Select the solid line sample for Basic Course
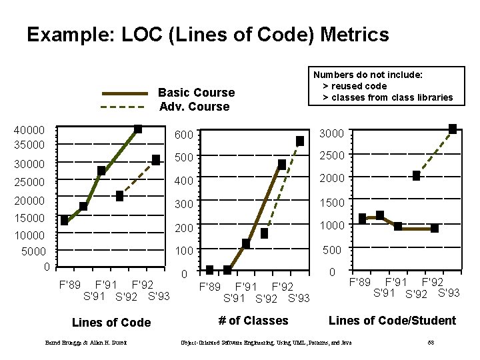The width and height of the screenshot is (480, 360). click(123, 93)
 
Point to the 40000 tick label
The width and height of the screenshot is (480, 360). click(29, 130)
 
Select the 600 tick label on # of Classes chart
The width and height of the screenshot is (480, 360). click(184, 135)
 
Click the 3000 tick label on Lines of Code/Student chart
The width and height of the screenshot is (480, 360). click(331, 133)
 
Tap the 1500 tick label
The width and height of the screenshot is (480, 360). click(331, 202)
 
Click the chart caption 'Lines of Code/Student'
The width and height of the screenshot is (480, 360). click(392, 321)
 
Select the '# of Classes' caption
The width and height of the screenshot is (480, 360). click(253, 321)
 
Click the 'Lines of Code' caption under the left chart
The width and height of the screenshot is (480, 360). click(111, 323)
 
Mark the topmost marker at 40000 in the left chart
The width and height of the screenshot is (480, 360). click(137, 129)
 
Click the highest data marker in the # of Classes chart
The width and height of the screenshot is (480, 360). click(300, 141)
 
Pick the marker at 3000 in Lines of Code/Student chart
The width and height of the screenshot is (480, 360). click(452, 129)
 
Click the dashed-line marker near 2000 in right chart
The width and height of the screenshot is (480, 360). click(416, 176)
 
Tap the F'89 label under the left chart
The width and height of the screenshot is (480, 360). click(70, 284)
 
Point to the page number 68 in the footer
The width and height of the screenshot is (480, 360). click(431, 343)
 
